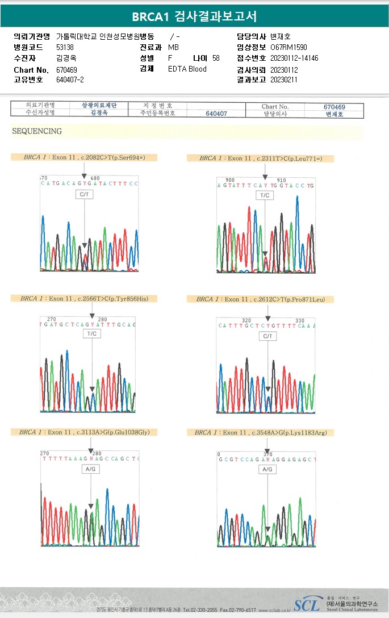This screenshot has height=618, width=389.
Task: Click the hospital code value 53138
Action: [65, 48]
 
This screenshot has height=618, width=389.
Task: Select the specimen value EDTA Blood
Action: [187, 69]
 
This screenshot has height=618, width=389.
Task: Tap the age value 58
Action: [216, 59]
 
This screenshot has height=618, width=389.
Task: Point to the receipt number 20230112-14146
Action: [294, 59]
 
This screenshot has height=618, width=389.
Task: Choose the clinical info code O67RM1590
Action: [288, 48]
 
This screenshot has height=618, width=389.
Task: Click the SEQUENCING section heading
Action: [37, 131]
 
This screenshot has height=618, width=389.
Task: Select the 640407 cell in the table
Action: [216, 114]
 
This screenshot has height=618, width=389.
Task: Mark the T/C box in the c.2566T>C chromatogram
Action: [92, 333]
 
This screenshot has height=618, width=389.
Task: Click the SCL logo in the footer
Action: [307, 604]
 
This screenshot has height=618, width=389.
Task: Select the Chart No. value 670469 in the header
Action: [67, 69]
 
